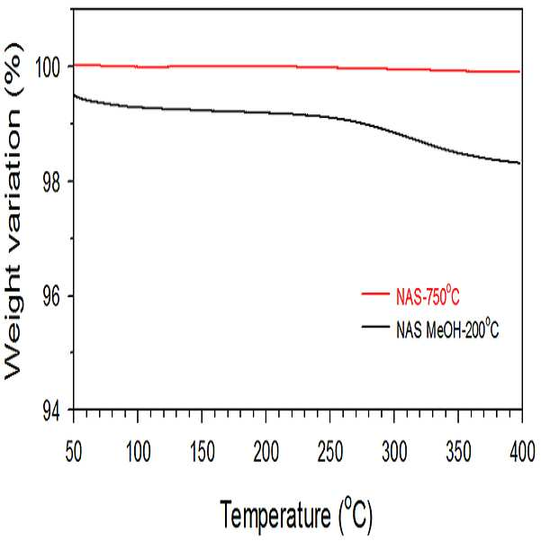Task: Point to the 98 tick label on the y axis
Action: point(51,181)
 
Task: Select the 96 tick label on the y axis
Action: point(51,296)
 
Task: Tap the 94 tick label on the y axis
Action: point(51,411)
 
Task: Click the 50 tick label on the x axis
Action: point(74,452)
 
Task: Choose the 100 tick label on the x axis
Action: point(139,452)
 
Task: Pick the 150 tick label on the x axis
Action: point(203,452)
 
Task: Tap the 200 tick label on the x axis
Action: point(266,452)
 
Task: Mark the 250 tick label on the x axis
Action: point(330,452)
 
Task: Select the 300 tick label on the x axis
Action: point(394,452)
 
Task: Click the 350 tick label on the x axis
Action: point(458,452)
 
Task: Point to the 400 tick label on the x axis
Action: point(523,452)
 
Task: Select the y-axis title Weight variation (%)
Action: point(13,212)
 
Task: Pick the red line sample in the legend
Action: point(375,294)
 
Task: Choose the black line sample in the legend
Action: point(375,326)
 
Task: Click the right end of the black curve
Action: point(520,163)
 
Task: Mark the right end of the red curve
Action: point(520,72)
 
